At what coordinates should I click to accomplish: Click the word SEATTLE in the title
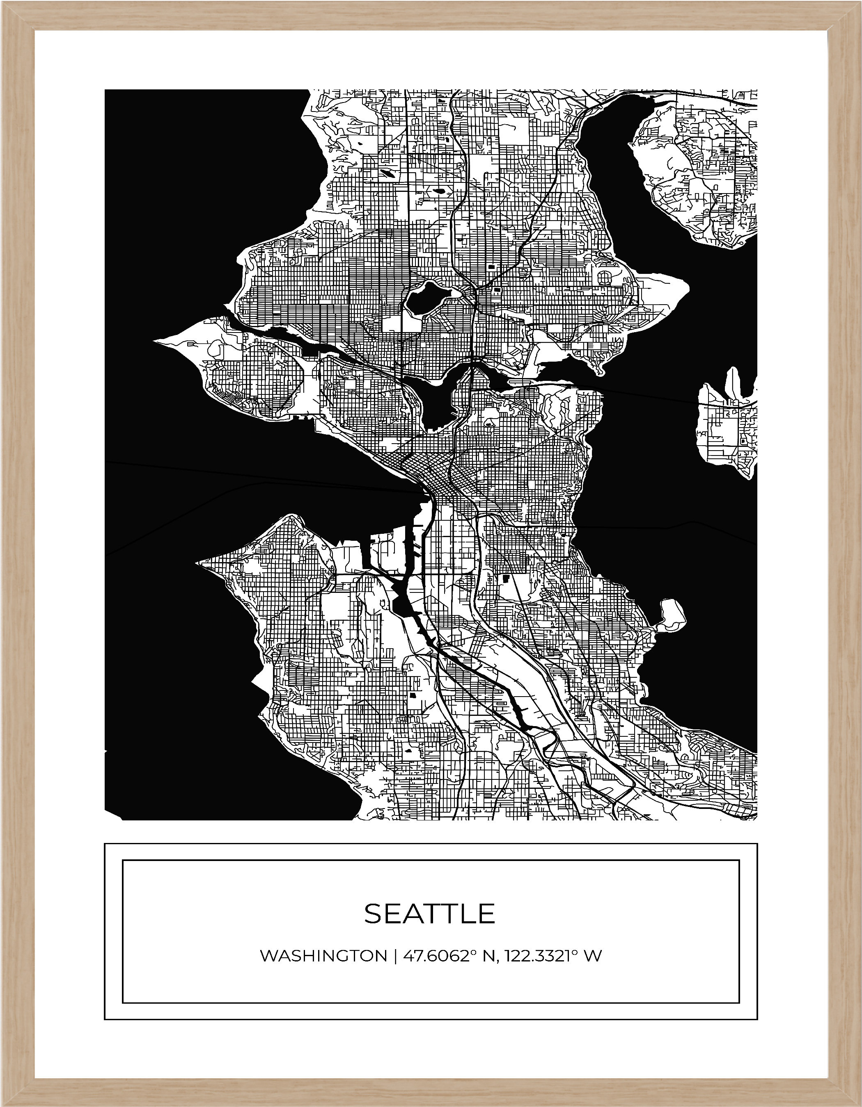click(429, 913)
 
